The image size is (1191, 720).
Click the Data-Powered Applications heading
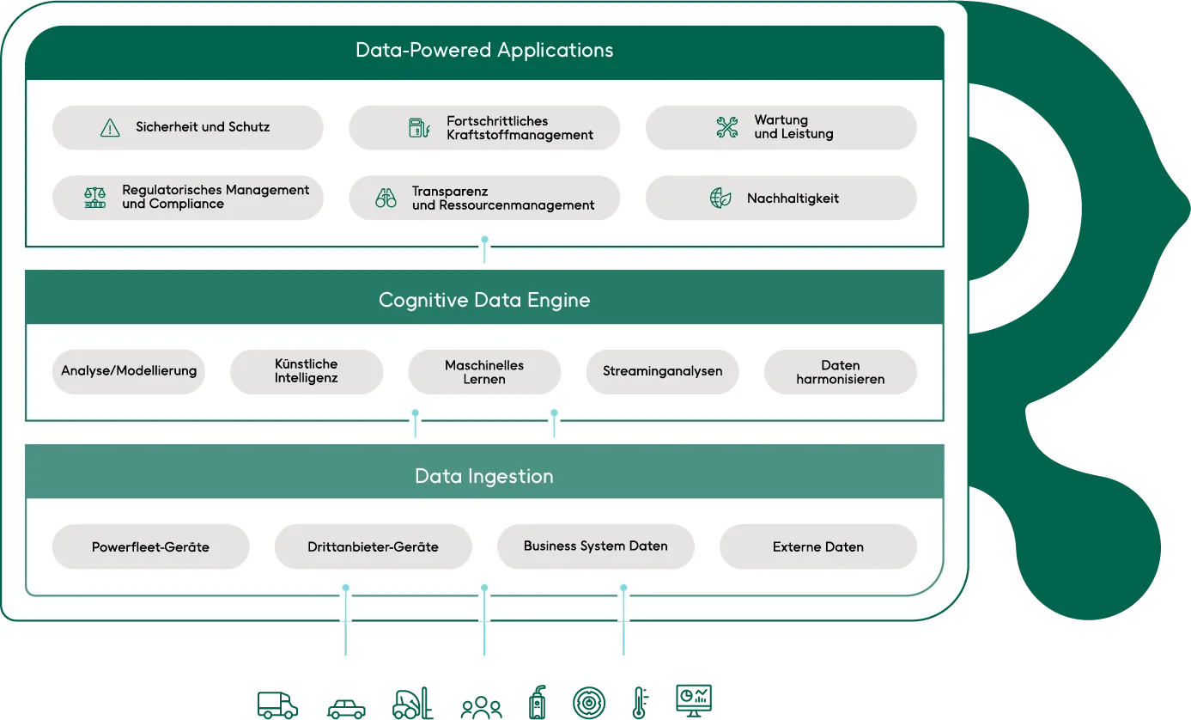[x=484, y=50]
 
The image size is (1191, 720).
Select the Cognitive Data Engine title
[x=484, y=300]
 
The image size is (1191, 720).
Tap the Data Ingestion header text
[x=484, y=476]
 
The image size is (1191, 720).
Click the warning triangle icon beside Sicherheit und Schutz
[x=110, y=128]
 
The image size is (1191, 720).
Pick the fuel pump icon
[x=418, y=128]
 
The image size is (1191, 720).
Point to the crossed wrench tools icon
[x=727, y=128]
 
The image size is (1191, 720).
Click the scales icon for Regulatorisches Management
[x=95, y=198]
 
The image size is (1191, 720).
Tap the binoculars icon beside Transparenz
[x=386, y=198]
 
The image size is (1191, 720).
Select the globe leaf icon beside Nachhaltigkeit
[x=720, y=198]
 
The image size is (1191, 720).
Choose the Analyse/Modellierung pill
[x=129, y=371]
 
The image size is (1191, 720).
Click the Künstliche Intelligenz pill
[x=307, y=371]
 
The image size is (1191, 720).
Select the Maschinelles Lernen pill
[x=484, y=371]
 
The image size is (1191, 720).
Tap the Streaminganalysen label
[x=662, y=371]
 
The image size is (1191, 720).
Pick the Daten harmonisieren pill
[x=840, y=371]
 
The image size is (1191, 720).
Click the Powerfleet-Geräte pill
[x=150, y=546]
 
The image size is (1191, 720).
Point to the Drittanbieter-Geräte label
[x=373, y=546]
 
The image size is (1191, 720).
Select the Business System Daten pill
[x=595, y=546]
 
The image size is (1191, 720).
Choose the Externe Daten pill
[x=817, y=546]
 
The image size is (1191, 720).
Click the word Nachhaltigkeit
[x=793, y=198]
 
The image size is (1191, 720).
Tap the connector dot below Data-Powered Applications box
[x=485, y=240]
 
